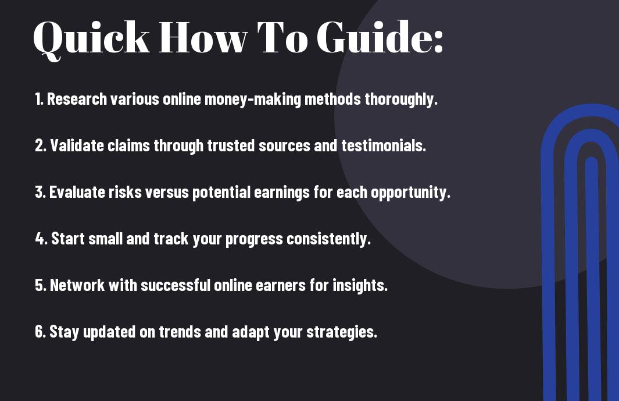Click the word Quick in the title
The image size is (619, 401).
91,39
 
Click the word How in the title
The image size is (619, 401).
203,37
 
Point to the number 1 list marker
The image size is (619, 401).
39,99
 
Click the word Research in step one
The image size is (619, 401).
77,99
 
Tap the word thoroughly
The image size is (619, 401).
401,100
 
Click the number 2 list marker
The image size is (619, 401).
40,146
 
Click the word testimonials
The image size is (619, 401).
384,146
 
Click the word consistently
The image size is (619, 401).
329,239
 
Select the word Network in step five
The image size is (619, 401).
77,285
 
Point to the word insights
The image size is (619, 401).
360,286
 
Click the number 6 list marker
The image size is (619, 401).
40,332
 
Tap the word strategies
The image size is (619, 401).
342,332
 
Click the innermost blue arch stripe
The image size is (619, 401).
592,277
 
